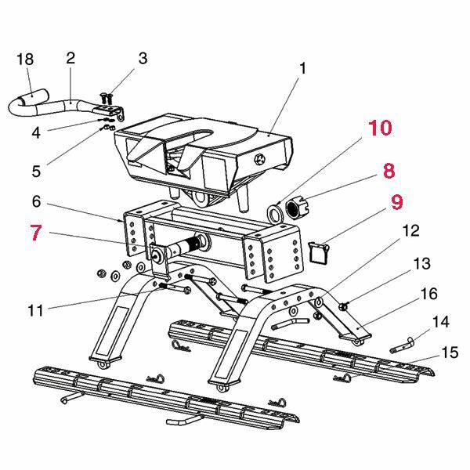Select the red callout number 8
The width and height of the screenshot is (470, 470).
click(x=389, y=171)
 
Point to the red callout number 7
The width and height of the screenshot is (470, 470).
click(x=35, y=233)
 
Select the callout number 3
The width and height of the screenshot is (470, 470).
click(x=143, y=58)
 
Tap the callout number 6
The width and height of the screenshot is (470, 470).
click(x=36, y=201)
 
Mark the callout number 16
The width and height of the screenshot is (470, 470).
click(x=428, y=294)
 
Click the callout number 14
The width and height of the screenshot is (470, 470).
click(x=441, y=320)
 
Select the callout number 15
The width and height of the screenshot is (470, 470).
click(x=450, y=353)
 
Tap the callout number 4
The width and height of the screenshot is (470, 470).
click(x=36, y=133)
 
